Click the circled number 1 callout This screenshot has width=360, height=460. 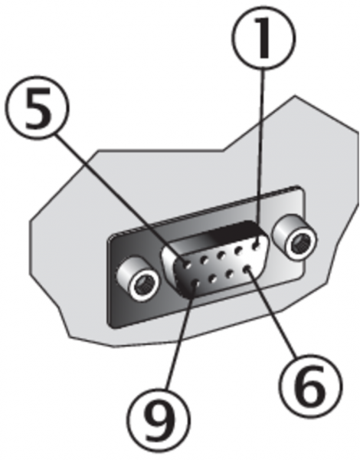pyautogui.click(x=263, y=38)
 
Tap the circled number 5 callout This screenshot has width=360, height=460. pyautogui.click(x=37, y=107)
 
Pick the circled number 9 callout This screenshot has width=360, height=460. pyautogui.click(x=159, y=420)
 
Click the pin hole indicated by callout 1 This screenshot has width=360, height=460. pyautogui.click(x=257, y=246)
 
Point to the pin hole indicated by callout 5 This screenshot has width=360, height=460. pyautogui.click(x=187, y=265)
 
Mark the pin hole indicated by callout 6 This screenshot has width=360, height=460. pyautogui.click(x=247, y=268)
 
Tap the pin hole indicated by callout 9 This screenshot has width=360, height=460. pyautogui.click(x=196, y=284)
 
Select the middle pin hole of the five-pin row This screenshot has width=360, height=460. pyautogui.click(x=221, y=255)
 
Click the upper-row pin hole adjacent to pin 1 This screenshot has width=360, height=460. pyautogui.click(x=239, y=251)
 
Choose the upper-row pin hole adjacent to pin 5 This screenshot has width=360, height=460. pyautogui.click(x=204, y=260)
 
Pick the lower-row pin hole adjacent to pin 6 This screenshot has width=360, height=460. pyautogui.click(x=230, y=274)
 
